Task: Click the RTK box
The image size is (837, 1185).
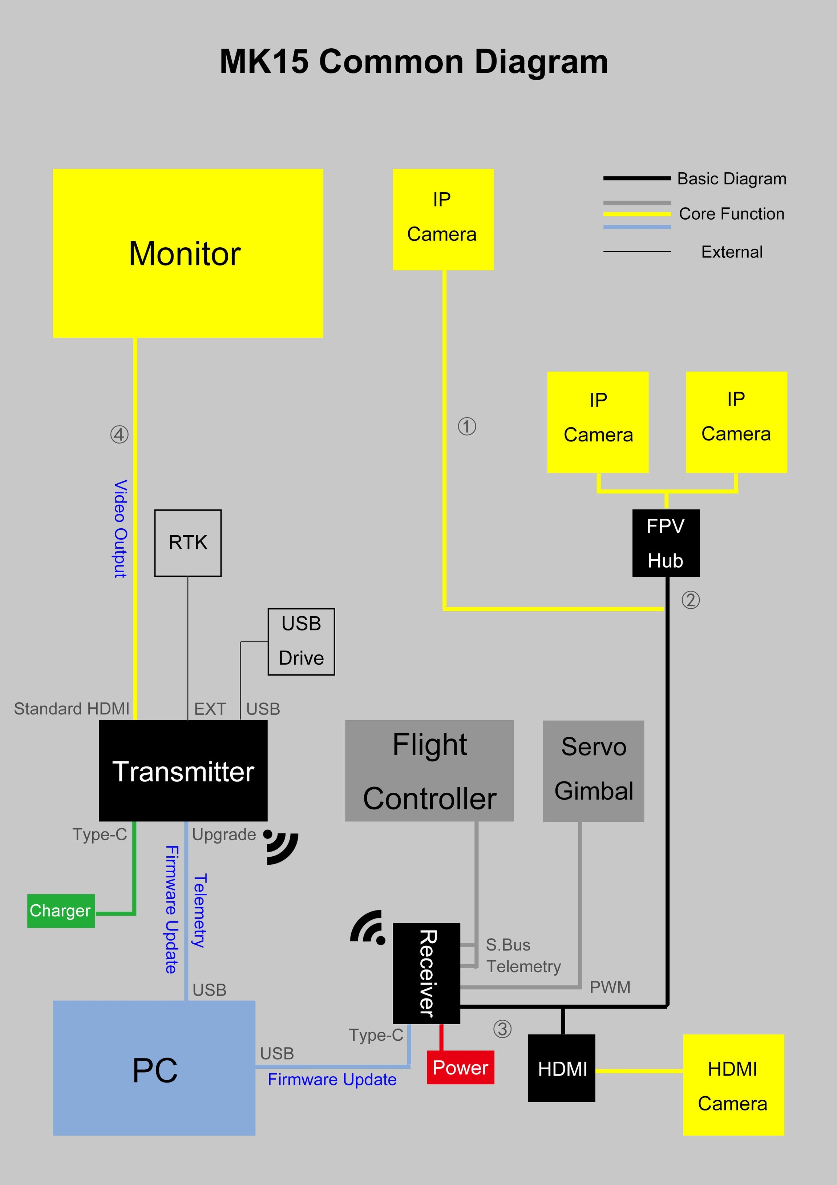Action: [x=188, y=543]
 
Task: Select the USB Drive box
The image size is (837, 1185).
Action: [x=301, y=641]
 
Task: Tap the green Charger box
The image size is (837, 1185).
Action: [x=61, y=910]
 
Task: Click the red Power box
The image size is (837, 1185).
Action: [x=460, y=1067]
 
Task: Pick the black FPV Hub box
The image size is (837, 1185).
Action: [x=666, y=543]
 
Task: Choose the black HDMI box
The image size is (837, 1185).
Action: [x=562, y=1068]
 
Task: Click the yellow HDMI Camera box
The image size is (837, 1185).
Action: [x=733, y=1085]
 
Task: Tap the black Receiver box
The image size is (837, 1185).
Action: [x=426, y=973]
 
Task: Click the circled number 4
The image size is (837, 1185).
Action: [x=119, y=435]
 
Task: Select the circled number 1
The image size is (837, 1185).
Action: [x=467, y=426]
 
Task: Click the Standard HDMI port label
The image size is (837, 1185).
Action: [x=72, y=709]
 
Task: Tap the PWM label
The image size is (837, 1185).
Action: [x=610, y=987]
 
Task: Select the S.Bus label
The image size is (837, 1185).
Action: [x=508, y=945]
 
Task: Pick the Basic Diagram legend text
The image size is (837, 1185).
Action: [x=732, y=179]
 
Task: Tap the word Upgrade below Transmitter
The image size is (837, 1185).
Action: [x=224, y=834]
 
